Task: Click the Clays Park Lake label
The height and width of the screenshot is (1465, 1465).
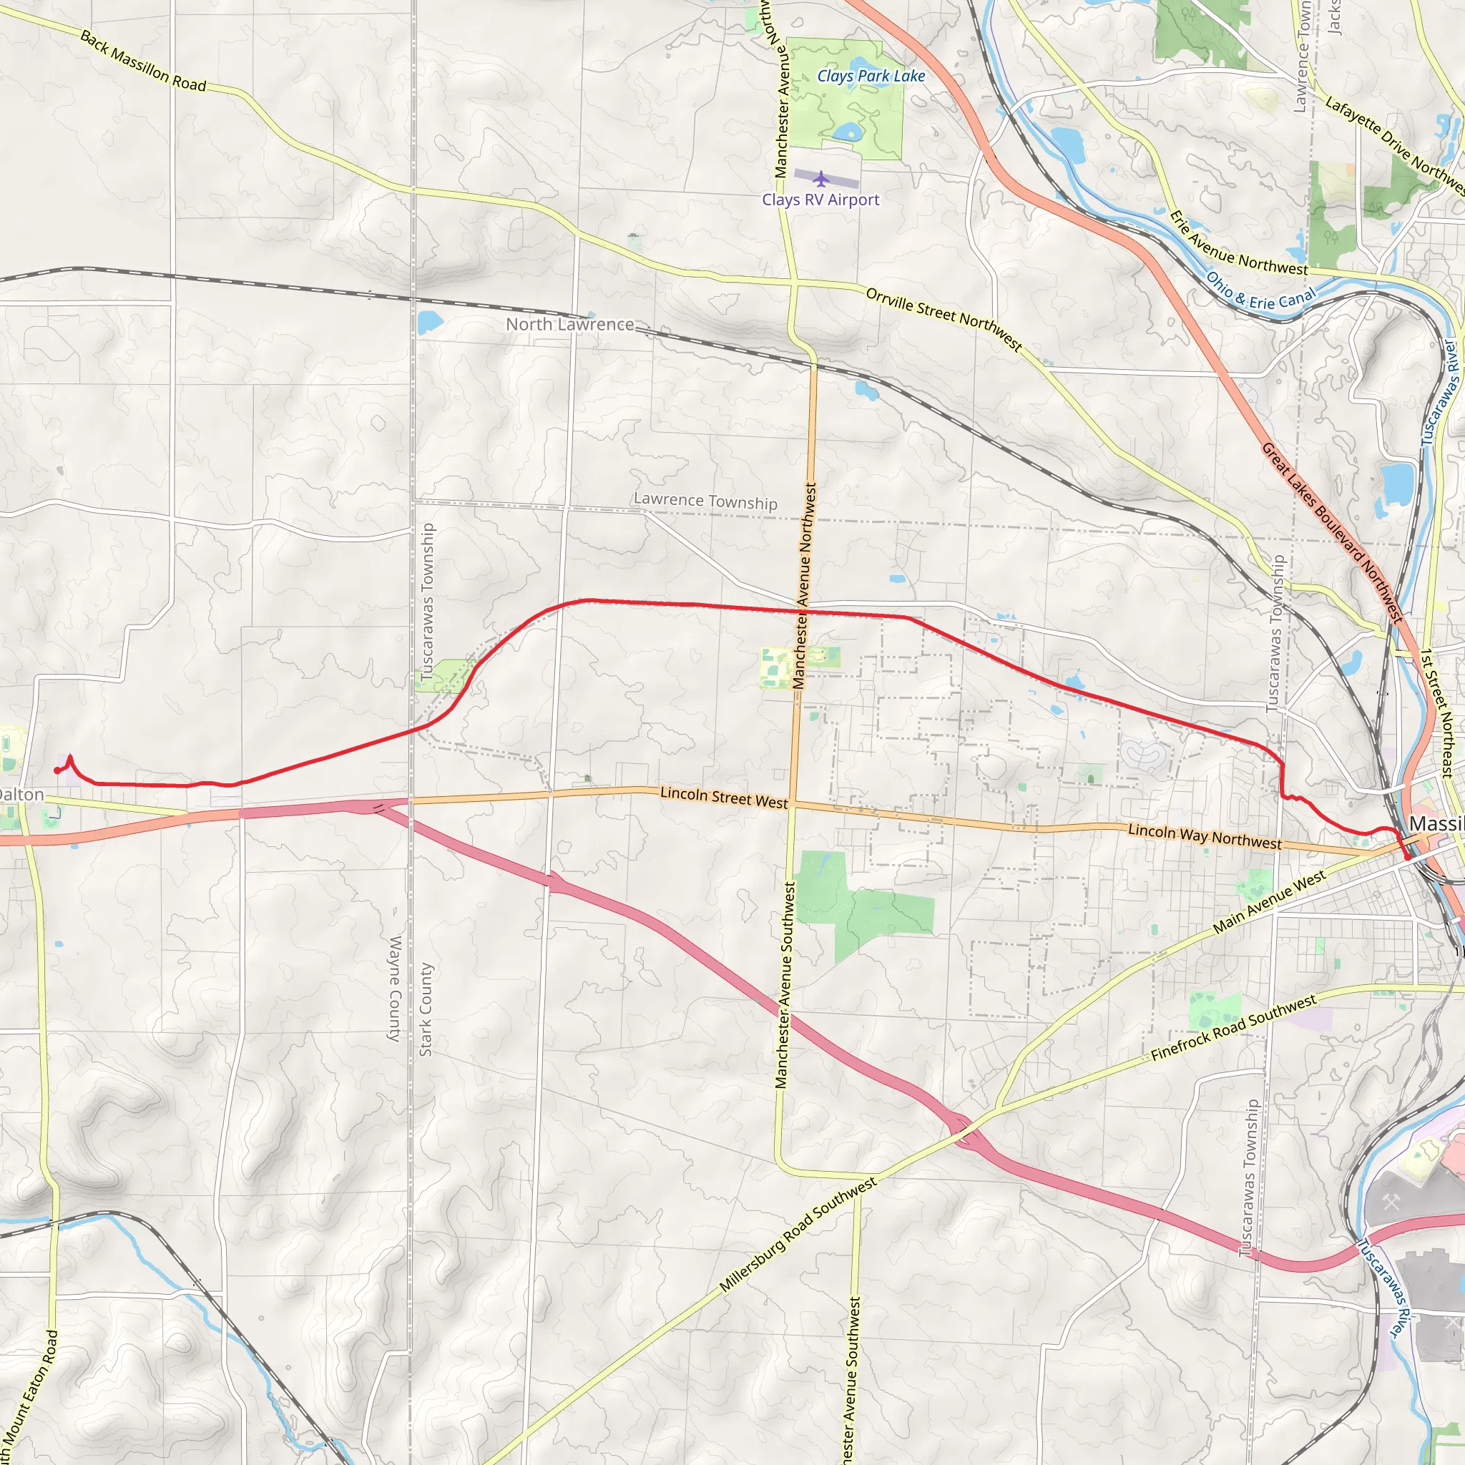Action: (x=871, y=76)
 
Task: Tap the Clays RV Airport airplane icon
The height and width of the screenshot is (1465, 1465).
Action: (x=820, y=179)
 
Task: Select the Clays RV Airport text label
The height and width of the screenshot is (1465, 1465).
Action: (x=820, y=200)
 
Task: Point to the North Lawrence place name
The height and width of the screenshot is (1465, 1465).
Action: (x=569, y=325)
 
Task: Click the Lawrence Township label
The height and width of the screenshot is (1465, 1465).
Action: (x=705, y=501)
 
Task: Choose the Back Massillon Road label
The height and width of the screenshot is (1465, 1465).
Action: (x=142, y=62)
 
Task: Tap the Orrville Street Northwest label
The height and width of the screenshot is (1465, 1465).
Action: (x=944, y=318)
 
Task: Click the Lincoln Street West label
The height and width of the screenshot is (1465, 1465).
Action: (x=723, y=797)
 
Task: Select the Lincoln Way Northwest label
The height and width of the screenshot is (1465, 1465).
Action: (x=1204, y=836)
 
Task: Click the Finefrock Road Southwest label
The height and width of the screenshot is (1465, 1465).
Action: (x=1233, y=1028)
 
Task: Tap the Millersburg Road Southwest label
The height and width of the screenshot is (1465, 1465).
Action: (x=798, y=1235)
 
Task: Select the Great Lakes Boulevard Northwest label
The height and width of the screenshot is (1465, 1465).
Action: (x=1331, y=533)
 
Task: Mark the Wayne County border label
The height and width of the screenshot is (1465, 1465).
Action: (x=394, y=989)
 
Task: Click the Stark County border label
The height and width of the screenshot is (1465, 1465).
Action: (x=426, y=1009)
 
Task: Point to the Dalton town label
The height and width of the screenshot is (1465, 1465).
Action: (x=21, y=795)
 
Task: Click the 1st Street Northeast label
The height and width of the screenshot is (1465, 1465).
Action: (x=1436, y=713)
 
